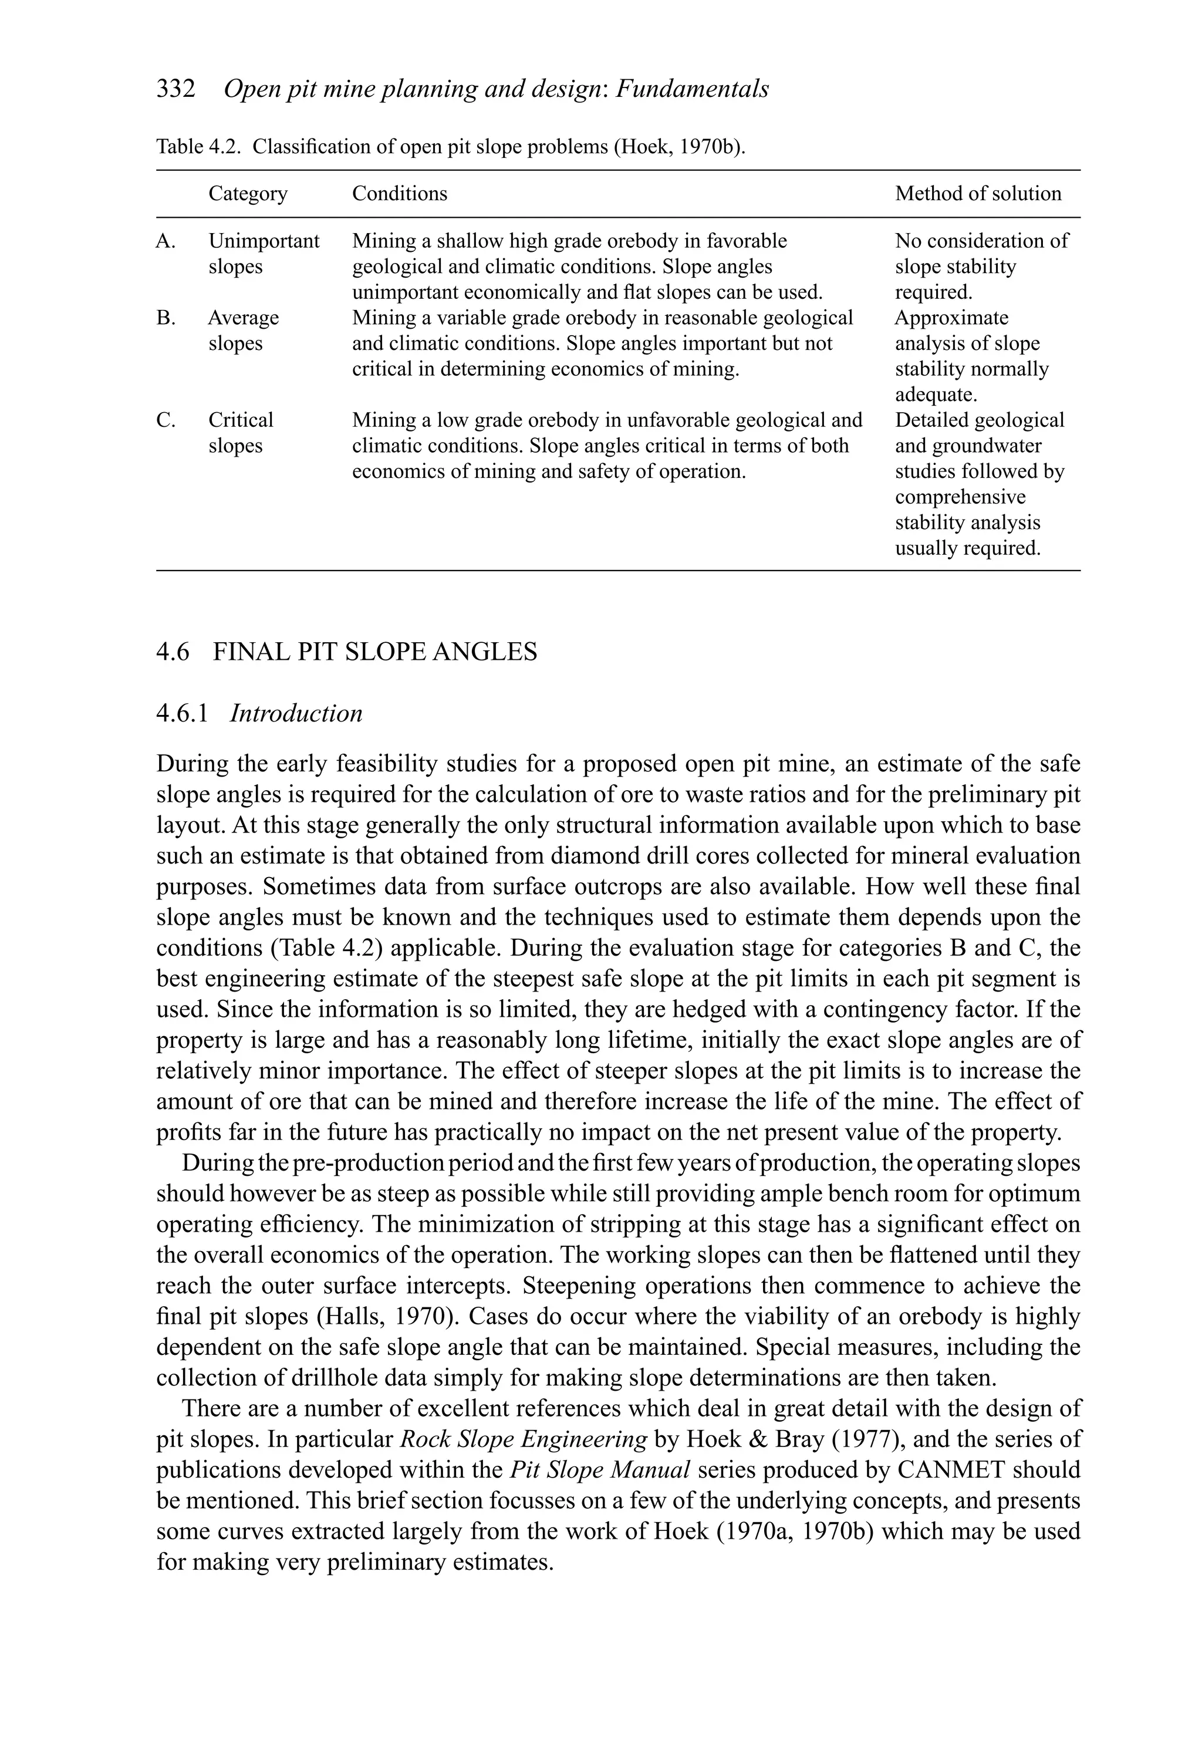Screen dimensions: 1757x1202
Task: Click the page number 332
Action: coord(175,89)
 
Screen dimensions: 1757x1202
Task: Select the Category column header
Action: coord(248,194)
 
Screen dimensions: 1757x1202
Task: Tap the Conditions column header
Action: coord(399,194)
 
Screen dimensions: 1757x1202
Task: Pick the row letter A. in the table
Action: coord(166,241)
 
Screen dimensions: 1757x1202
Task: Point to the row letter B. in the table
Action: coord(166,318)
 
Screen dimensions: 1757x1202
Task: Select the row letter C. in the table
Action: coord(166,420)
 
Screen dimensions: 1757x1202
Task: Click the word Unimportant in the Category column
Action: coord(264,241)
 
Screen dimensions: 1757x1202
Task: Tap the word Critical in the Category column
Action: coord(241,420)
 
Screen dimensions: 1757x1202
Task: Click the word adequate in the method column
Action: coord(935,394)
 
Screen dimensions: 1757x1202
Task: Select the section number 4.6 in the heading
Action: coord(173,652)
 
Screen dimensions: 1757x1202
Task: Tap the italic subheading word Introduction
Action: coord(296,714)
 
